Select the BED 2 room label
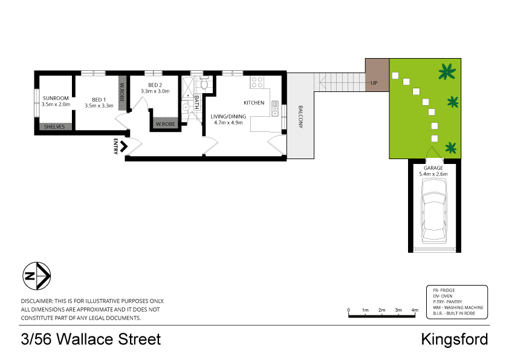coord(155,85)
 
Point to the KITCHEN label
coord(254,103)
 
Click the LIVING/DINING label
coord(229,116)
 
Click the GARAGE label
coord(433,168)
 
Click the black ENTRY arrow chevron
coord(125,146)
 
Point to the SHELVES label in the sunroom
coord(53,126)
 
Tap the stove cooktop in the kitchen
coord(257,81)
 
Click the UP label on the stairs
coord(374,83)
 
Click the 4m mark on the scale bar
coord(415,310)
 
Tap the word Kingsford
coord(454,339)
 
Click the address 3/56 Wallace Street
coord(91,339)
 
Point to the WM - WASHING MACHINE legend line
coord(458,307)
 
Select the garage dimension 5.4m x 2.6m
coord(433,174)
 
